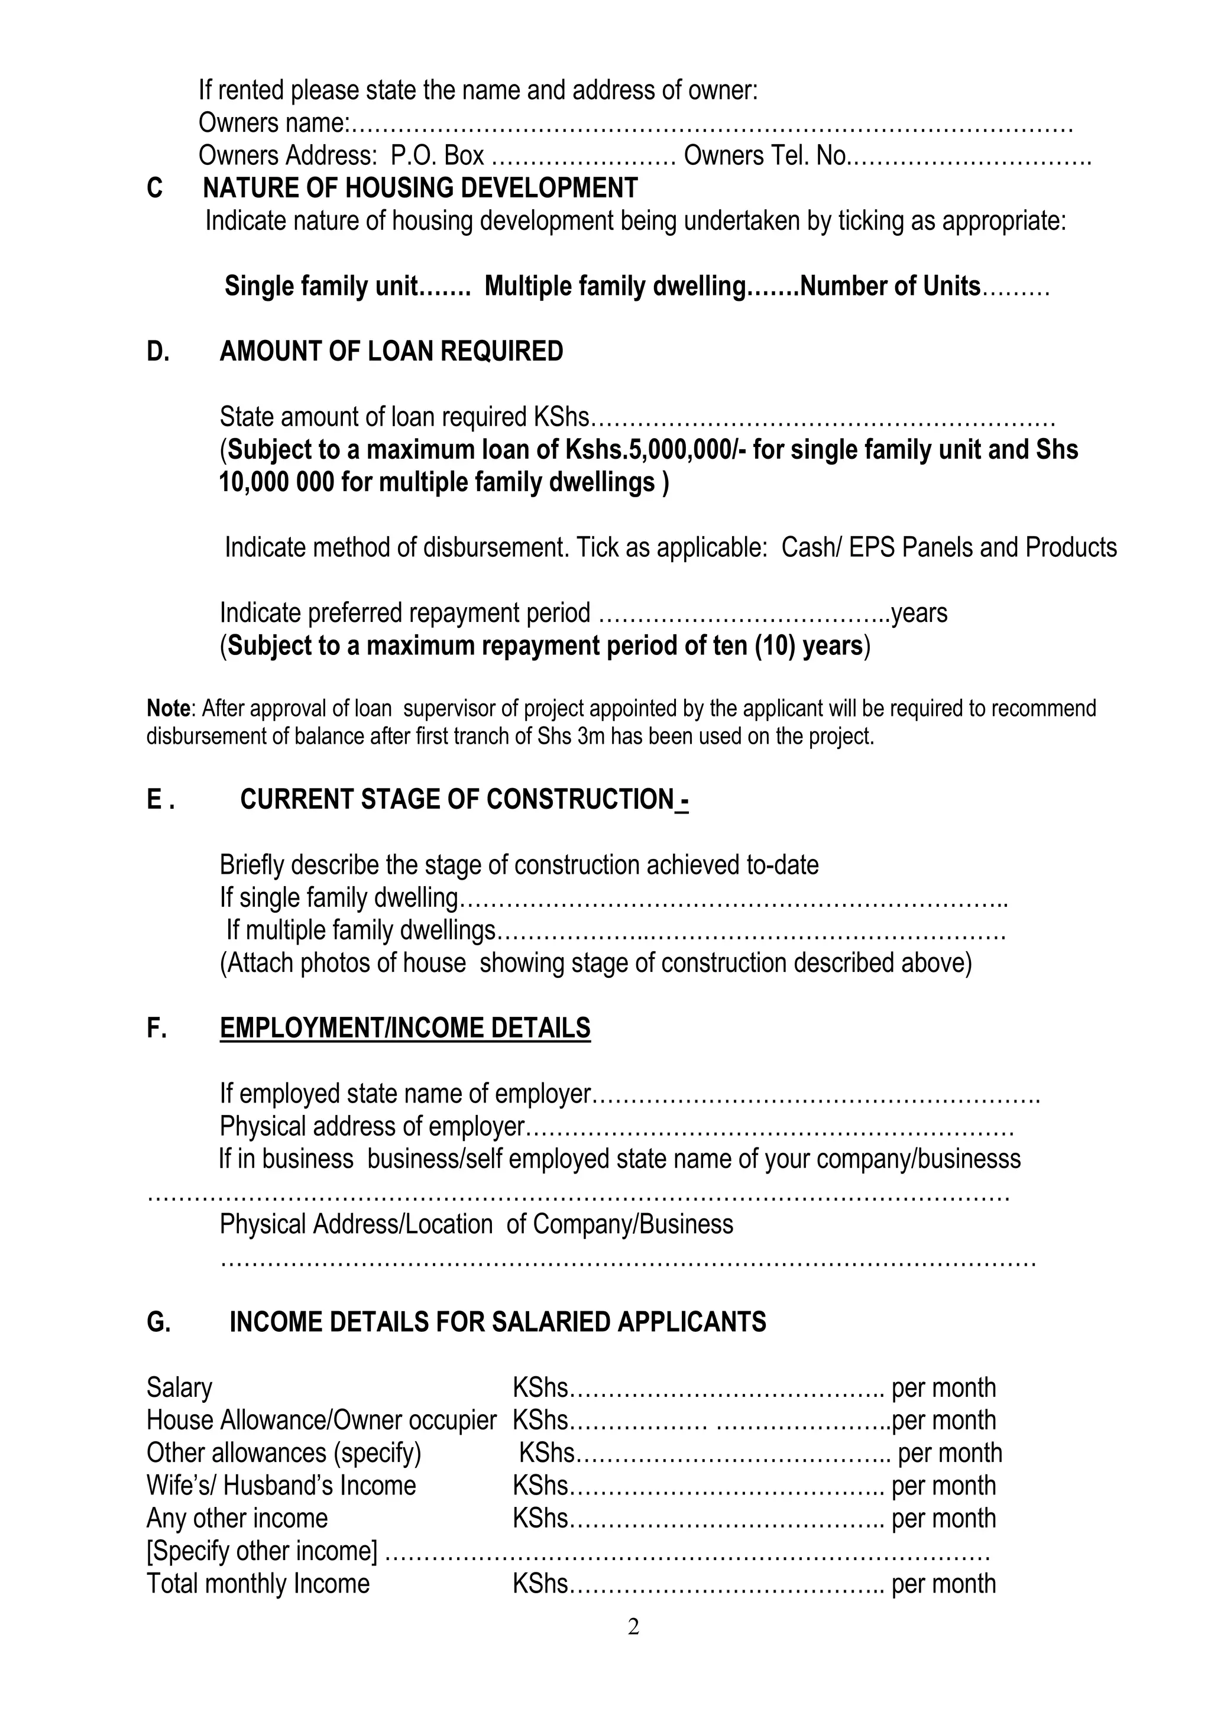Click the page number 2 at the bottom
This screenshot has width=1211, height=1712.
pos(633,1626)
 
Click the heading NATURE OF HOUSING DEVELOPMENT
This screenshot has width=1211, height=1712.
pos(420,188)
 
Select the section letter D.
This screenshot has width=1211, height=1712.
pos(157,351)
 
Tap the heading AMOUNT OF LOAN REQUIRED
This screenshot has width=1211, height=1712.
pos(391,351)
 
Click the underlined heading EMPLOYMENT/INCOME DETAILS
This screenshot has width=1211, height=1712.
pos(405,1027)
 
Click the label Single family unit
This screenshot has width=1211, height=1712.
pos(320,286)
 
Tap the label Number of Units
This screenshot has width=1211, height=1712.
pos(889,286)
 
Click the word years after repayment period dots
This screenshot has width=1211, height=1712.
pos(919,613)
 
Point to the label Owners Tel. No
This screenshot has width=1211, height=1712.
pos(765,156)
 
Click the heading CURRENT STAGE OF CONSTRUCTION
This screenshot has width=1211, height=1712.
pos(456,799)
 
